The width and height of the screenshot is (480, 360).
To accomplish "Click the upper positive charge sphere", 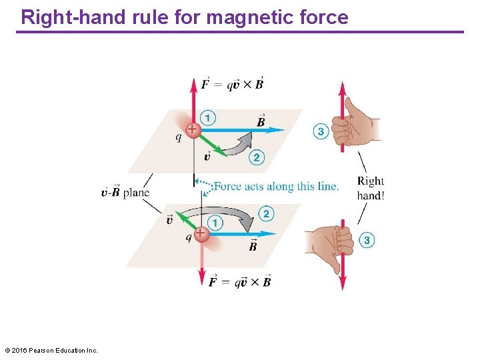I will (x=192, y=130).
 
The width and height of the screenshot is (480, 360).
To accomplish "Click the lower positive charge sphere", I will (x=201, y=234).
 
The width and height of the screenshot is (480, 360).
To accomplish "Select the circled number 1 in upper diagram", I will (x=209, y=118).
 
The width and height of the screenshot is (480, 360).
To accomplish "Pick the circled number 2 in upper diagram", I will (x=255, y=157).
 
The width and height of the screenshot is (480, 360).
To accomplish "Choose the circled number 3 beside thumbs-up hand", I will (x=321, y=131).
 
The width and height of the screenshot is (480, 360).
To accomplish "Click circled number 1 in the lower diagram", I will (x=215, y=221).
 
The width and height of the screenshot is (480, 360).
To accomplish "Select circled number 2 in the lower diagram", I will (x=266, y=213).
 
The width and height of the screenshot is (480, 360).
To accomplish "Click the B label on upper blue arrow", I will (x=261, y=121).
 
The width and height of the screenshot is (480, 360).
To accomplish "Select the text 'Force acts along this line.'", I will (x=275, y=187).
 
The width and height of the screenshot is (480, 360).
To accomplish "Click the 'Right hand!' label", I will (x=371, y=188).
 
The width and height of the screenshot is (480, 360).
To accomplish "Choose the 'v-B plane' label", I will (x=125, y=193).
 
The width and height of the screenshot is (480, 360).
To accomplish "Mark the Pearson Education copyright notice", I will (x=51, y=350).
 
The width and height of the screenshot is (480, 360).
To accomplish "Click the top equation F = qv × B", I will (x=232, y=84).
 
